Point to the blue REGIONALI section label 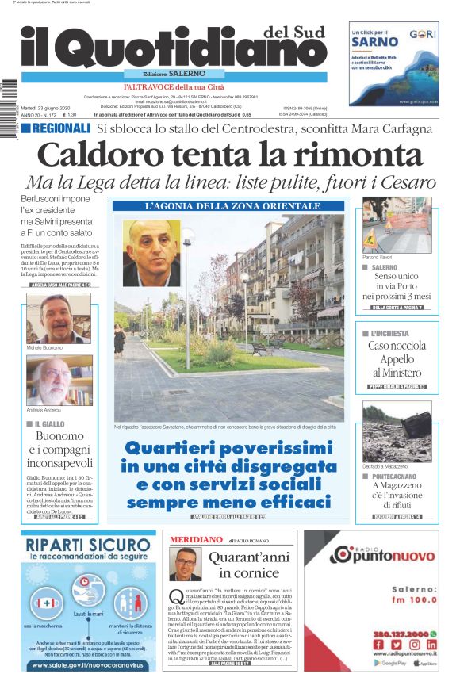pos(61,128)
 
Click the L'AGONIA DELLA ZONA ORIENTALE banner pos(229,206)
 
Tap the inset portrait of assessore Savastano pos(151,252)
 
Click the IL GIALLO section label pos(48,424)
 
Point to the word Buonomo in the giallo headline pos(59,437)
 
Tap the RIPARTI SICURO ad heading pos(87,546)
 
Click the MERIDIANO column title pos(196,539)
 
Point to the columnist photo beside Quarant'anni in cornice pos(185,564)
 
